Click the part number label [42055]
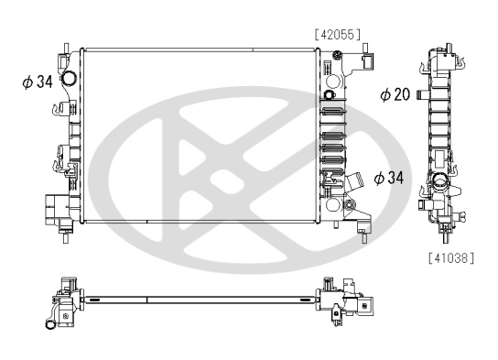coord(338,34)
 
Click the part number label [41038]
coord(451,257)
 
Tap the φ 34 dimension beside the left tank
coord(38,82)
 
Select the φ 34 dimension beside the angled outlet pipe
coord(389,178)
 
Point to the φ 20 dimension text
coord(395,94)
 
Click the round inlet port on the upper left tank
coord(69,78)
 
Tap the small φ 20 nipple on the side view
coord(423,95)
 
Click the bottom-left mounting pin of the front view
coord(66,237)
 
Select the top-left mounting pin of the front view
coord(66,48)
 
